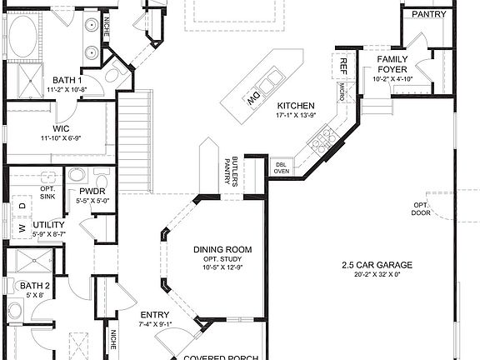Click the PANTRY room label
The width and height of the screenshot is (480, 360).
[427, 14]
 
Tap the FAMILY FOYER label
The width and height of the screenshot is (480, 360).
[392, 65]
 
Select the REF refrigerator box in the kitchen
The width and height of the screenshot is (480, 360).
[342, 65]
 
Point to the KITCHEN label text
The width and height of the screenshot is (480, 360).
[296, 106]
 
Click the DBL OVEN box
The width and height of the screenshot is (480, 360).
[282, 167]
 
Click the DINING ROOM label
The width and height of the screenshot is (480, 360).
[222, 249]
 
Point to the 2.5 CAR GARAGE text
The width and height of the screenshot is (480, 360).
[377, 266]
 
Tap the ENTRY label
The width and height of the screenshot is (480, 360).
[156, 314]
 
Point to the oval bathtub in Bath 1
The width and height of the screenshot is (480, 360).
[25, 35]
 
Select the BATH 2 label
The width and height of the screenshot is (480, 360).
[37, 286]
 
